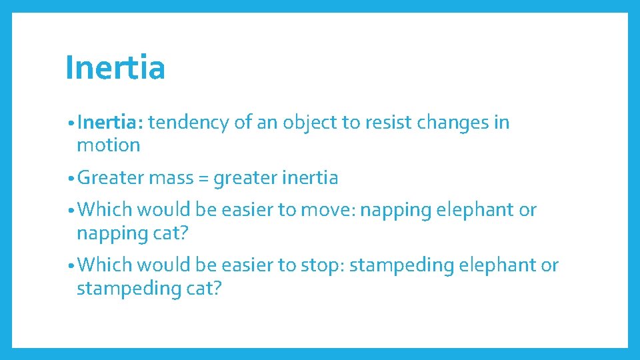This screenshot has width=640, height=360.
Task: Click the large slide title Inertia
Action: pos(115,68)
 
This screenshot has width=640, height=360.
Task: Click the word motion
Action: pos(108,145)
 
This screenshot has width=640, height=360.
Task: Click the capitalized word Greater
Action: pos(111,178)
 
